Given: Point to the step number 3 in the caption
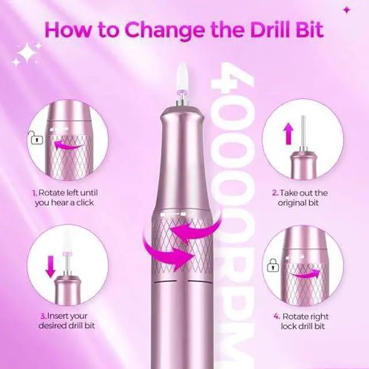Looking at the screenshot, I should point(43,316).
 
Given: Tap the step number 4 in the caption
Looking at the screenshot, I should point(277,317).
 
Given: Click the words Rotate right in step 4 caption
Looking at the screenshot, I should point(308,317).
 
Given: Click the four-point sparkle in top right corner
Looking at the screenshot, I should point(346,10).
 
